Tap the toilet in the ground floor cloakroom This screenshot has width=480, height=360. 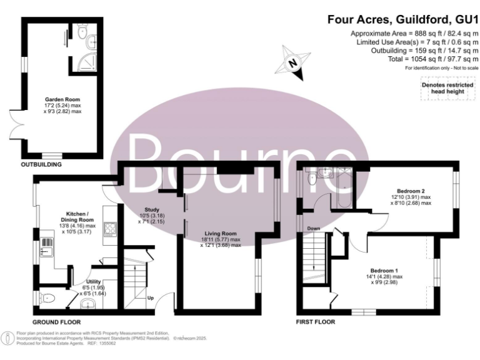[x=47, y=297]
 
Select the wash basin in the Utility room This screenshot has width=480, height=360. [x=91, y=304]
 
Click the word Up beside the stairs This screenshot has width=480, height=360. [x=150, y=297]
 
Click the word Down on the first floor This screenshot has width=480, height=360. [x=314, y=229]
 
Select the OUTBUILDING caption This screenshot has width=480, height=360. [x=41, y=165]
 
